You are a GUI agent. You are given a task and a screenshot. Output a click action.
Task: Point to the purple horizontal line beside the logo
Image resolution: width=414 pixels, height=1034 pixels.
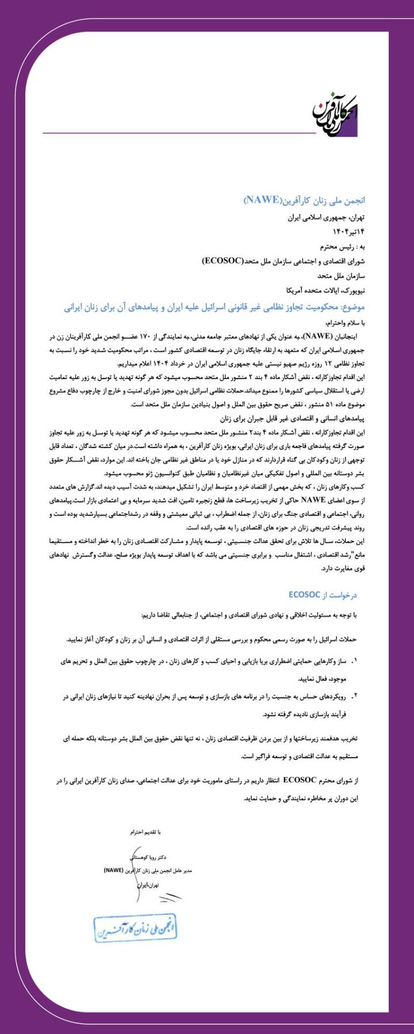click(178, 133)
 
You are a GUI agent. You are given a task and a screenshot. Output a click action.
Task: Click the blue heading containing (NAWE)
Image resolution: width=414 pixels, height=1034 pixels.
click(305, 200)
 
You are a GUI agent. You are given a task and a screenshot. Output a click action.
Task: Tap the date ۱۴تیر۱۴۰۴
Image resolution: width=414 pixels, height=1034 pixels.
click(349, 232)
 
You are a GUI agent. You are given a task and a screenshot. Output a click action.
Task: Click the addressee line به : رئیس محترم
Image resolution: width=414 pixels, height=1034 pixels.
click(342, 247)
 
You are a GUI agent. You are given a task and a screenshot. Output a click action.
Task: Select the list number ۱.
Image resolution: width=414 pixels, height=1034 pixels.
click(355, 661)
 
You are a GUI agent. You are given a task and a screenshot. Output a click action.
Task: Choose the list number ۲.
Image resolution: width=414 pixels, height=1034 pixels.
click(355, 697)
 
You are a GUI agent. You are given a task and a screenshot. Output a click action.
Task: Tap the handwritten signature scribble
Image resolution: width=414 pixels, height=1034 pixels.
click(168, 897)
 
